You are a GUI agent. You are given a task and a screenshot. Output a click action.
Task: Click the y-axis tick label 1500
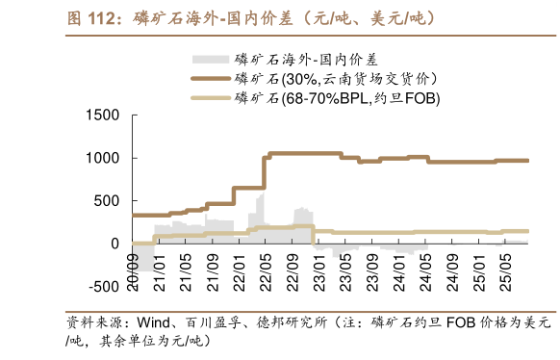coord(98,116)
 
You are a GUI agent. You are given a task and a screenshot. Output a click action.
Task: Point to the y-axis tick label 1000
coord(98,158)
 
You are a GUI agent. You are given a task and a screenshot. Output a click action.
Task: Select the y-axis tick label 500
coord(102,201)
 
